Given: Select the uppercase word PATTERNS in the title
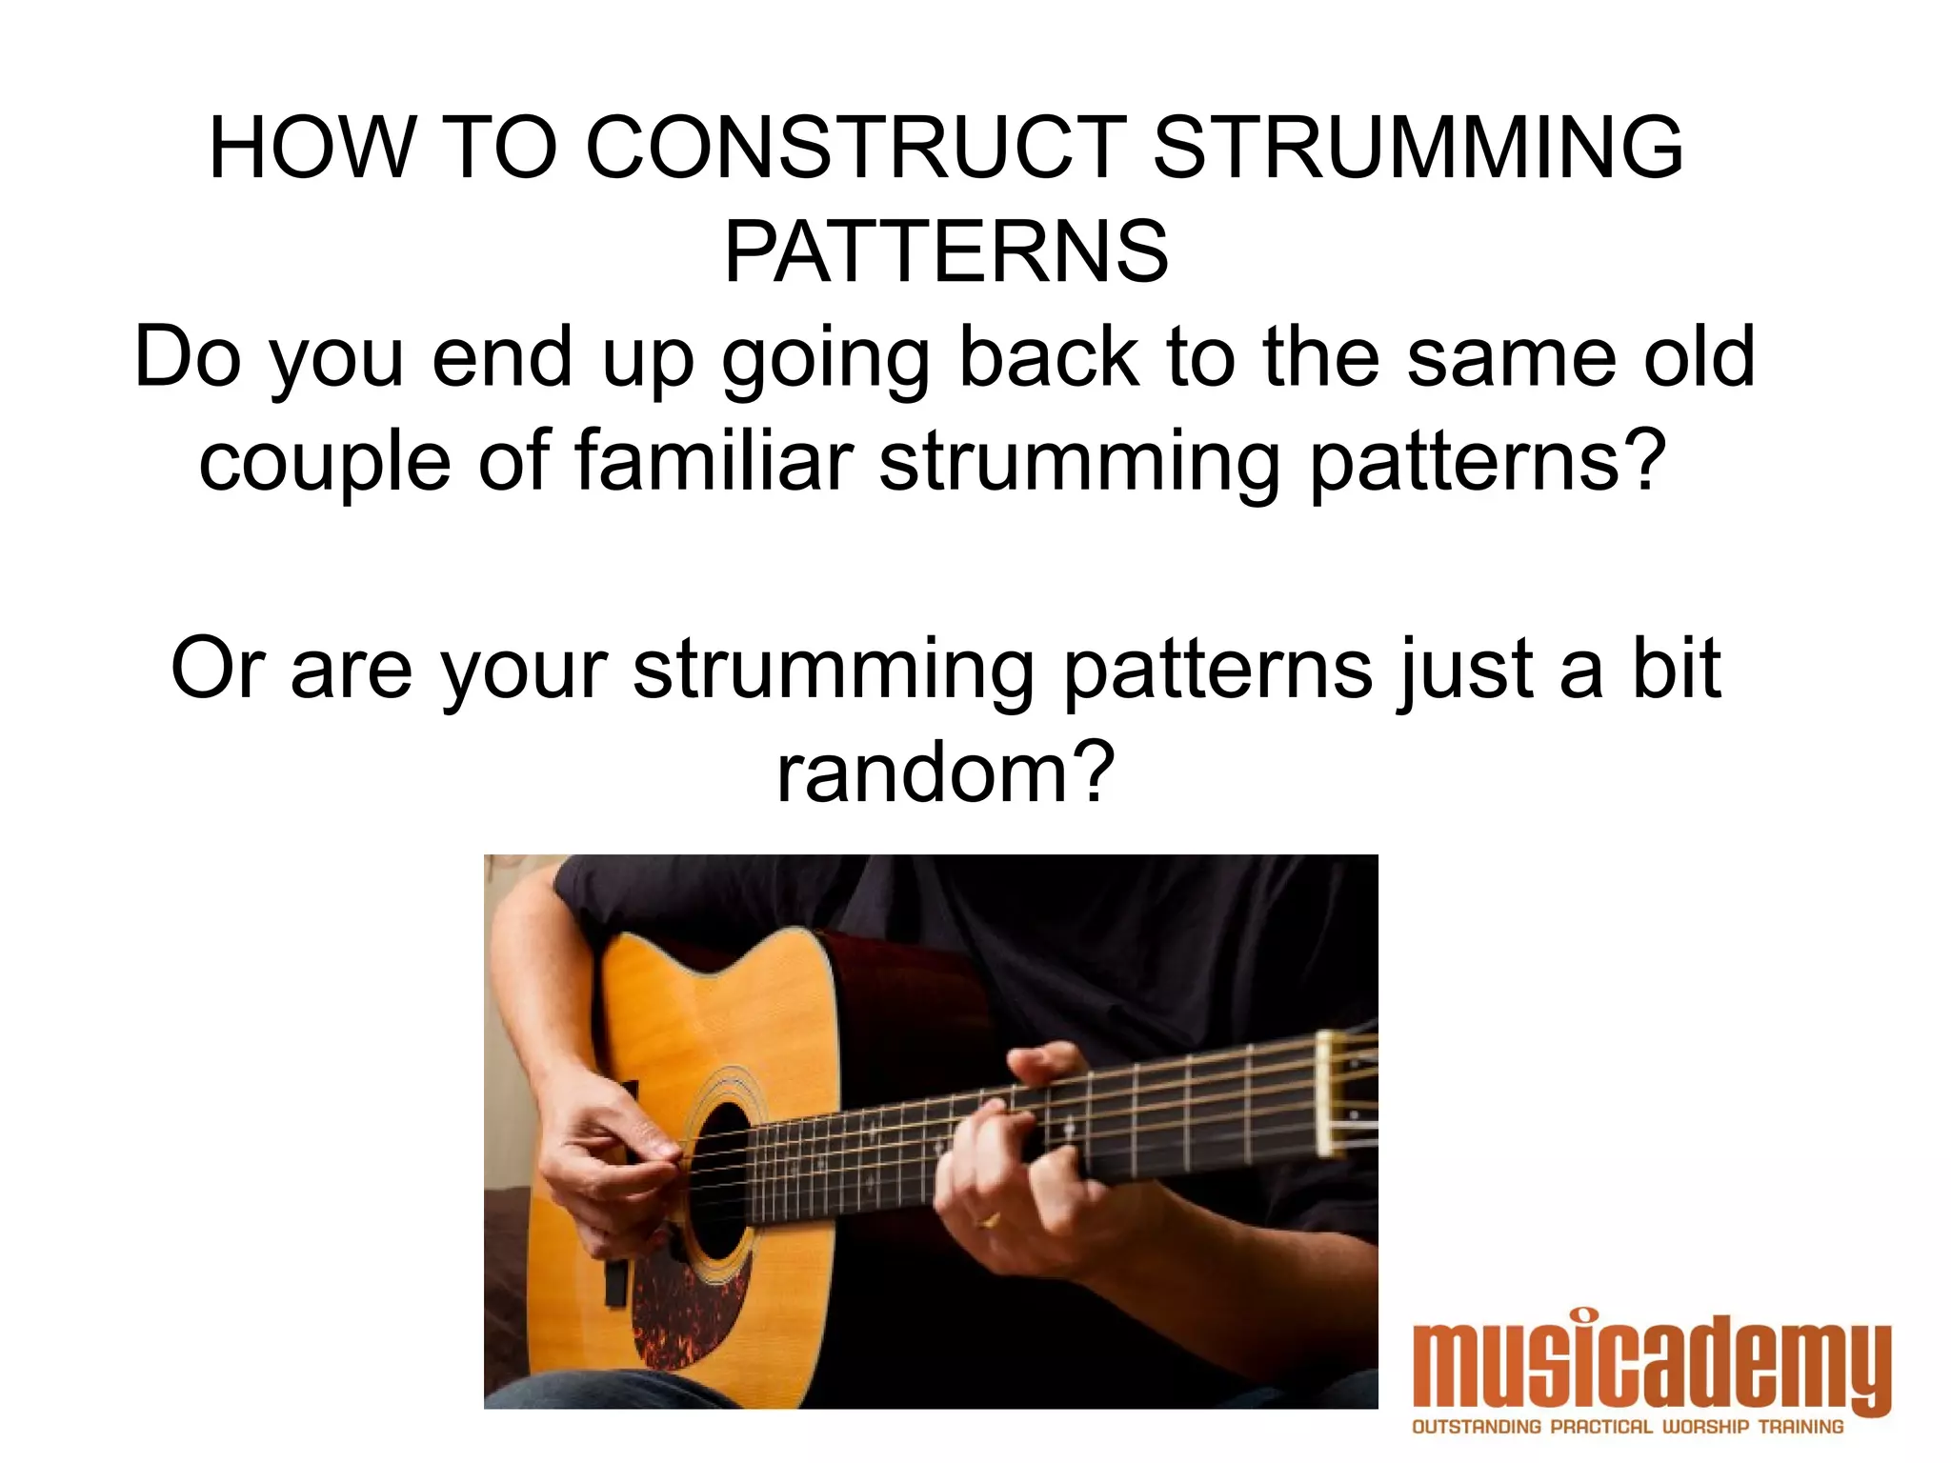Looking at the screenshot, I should [x=946, y=252].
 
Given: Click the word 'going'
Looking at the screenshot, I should [x=825, y=360].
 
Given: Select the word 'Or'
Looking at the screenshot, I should [x=217, y=669].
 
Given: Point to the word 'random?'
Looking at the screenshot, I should [x=945, y=773].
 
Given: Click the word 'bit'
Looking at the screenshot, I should [x=1677, y=669].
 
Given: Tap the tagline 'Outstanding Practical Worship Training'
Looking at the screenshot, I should [x=1627, y=1427].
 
